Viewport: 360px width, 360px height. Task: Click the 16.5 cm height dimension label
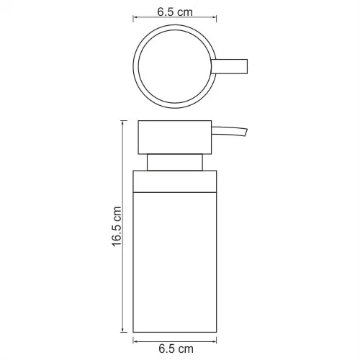(117, 226)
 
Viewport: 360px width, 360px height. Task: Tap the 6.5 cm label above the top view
(175, 12)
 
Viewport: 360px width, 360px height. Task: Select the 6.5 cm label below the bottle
(176, 348)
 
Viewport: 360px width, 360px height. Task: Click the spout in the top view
(229, 66)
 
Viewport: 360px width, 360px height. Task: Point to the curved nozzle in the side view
(229, 132)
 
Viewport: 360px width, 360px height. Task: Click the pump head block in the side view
(175, 138)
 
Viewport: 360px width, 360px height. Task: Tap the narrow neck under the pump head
(175, 163)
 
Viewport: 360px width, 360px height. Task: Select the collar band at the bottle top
(175, 181)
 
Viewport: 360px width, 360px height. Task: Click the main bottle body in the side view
(175, 262)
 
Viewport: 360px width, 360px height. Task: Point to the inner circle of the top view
(139, 66)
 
